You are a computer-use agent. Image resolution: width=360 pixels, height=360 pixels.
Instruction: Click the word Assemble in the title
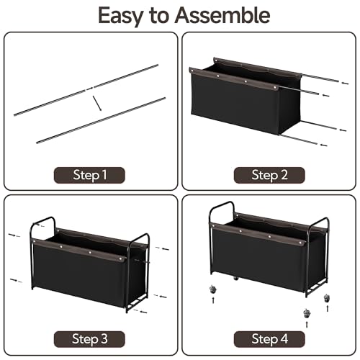pos(222,15)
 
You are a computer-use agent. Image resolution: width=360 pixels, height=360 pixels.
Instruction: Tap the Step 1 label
pos(89,175)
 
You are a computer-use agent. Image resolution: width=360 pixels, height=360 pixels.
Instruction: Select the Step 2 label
pos(269,175)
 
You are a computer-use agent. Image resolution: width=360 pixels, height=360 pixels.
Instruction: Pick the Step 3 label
pos(89,339)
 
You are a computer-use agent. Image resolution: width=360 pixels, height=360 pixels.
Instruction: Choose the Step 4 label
pos(269,339)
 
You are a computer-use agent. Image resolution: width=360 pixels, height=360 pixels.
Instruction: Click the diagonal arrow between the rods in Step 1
pos(97,104)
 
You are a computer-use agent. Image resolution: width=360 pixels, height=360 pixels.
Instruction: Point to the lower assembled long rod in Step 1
pos(101,120)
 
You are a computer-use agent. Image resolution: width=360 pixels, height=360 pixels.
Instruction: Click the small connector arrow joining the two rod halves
pos(89,89)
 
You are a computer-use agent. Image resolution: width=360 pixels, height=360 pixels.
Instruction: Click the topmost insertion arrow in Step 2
pos(345,83)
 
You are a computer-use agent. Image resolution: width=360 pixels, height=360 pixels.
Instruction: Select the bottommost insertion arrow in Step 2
pos(324,145)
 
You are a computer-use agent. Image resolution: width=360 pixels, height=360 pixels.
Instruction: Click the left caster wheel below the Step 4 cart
pos(212,289)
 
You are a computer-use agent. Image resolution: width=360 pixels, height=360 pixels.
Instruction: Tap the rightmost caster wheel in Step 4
pos(326,298)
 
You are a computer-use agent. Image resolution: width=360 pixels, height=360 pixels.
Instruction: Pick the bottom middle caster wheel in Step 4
pos(307,313)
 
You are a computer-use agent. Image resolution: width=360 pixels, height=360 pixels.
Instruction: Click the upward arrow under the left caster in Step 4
pos(213,300)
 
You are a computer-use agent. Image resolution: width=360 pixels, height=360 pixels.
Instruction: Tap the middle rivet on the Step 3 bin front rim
pos(90,252)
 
